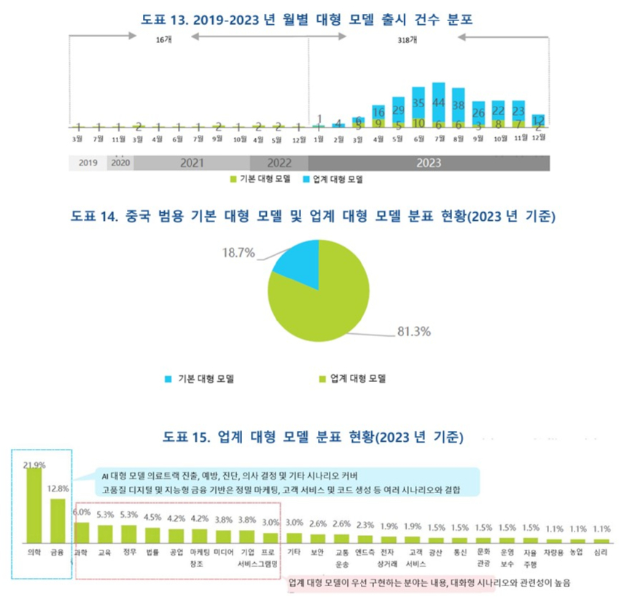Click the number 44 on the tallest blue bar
438,103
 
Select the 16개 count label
163,42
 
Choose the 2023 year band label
428,163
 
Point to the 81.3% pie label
413,332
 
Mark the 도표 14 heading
312,217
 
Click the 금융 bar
58,521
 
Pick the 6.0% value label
82,513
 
